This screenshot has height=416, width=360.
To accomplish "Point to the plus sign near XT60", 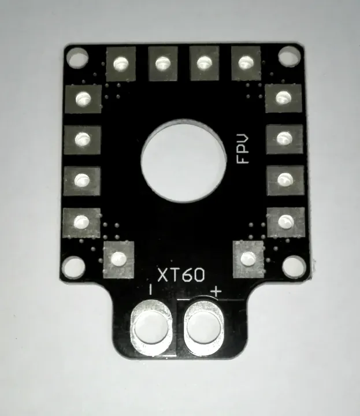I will point(216,292).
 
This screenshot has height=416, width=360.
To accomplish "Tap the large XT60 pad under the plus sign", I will point(204,328).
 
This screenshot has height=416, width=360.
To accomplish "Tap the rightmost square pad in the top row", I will point(246,61).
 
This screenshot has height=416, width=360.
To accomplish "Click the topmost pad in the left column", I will point(83,99).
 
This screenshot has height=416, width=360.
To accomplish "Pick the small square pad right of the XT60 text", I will point(248,257).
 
